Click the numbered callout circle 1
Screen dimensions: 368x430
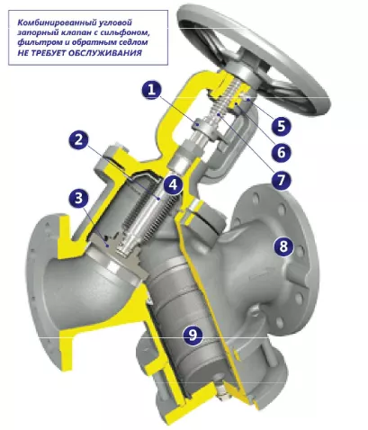click(152, 90)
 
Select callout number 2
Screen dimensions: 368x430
click(78, 140)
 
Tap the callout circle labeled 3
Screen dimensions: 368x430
click(78, 198)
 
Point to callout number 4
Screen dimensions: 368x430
click(174, 184)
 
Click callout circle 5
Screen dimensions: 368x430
click(281, 125)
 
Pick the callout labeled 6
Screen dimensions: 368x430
click(281, 152)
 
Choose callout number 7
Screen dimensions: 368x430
click(281, 180)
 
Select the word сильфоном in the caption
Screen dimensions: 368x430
click(127, 32)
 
